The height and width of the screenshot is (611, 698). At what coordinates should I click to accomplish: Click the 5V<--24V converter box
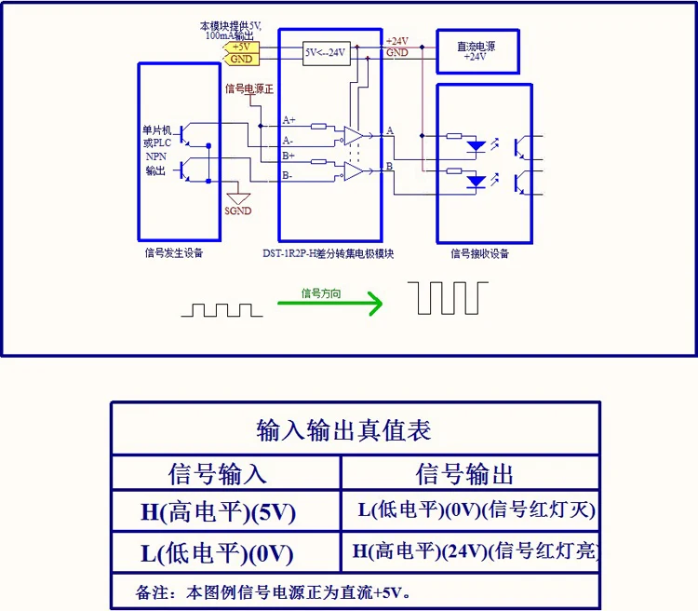327,53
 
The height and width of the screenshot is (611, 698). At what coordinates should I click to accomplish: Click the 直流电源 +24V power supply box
477,51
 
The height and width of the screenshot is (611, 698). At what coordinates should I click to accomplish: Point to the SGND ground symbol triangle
238,198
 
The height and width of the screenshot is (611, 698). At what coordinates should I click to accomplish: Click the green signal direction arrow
329,303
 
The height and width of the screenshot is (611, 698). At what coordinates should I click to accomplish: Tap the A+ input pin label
289,120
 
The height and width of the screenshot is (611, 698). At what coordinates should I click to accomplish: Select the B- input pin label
288,176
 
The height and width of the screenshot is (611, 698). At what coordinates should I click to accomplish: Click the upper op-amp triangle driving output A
354,136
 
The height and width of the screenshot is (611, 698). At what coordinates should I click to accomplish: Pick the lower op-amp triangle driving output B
354,170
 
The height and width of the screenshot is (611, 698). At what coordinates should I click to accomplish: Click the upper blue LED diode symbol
476,146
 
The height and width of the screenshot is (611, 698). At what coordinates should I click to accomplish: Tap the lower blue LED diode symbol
476,182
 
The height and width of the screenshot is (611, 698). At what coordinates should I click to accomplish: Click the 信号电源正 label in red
249,88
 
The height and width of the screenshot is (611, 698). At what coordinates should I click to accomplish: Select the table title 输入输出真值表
343,430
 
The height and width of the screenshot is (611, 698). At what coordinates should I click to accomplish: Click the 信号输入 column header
218,473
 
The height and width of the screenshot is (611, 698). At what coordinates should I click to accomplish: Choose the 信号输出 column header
465,473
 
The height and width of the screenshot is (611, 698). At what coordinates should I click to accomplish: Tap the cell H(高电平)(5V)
218,511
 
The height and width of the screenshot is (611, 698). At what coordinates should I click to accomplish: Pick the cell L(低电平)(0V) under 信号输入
217,553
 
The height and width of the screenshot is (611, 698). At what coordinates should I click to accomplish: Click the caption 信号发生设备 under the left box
174,252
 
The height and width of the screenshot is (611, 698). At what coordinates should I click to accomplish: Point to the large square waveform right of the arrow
448,298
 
